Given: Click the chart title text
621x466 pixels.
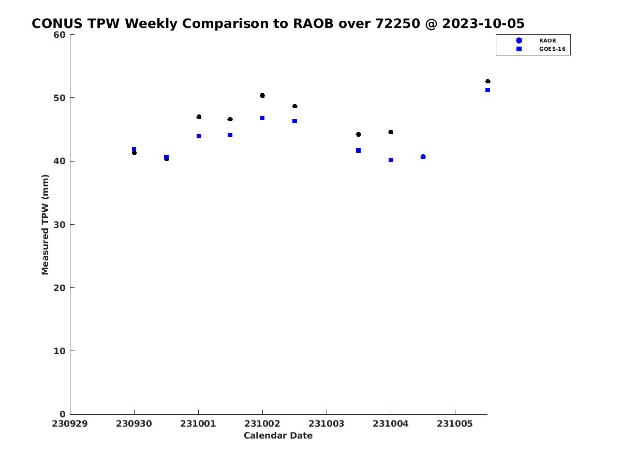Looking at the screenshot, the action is pos(278,23).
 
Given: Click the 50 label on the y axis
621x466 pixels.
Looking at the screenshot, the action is pos(60,98).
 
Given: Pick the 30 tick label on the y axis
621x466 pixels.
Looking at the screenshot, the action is pos(60,224).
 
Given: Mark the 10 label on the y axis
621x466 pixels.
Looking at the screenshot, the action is pos(60,351).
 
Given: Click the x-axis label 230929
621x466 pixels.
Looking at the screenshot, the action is pos(69,424).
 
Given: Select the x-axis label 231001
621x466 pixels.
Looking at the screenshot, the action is pos(198,424).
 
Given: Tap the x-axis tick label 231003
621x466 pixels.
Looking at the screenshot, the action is pos(326,424).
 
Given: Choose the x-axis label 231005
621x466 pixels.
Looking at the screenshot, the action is pos(455,424).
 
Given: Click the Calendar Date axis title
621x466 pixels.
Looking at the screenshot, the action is pos(278,435).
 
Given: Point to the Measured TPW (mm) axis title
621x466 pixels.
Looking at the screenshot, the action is pos(45,224).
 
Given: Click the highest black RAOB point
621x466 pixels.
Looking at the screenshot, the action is pos(487,81).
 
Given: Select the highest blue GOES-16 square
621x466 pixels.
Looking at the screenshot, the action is pos(487,90).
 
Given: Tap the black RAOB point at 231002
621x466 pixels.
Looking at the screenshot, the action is pos(262,95).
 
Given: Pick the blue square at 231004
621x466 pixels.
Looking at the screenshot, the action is pos(390,160).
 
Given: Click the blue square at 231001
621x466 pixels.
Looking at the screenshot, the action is pos(199,136).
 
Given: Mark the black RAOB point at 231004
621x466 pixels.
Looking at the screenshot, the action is pos(391,132).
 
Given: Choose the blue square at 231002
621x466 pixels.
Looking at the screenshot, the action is pos(262,118).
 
